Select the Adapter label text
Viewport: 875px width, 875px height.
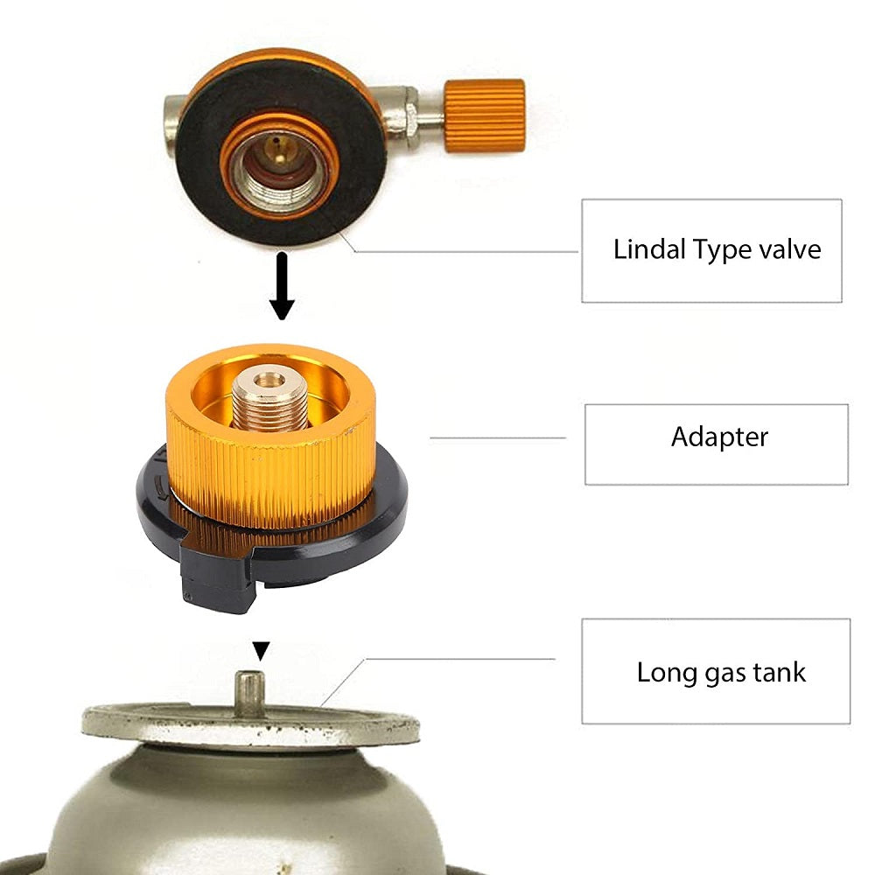tap(719, 436)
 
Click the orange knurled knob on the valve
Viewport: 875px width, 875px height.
tap(484, 115)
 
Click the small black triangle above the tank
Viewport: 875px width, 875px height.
tap(261, 651)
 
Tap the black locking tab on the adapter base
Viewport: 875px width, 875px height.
tap(214, 578)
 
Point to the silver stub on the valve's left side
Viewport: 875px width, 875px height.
tap(172, 114)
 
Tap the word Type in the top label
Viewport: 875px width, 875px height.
tap(719, 250)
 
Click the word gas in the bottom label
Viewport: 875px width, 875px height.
tap(729, 674)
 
